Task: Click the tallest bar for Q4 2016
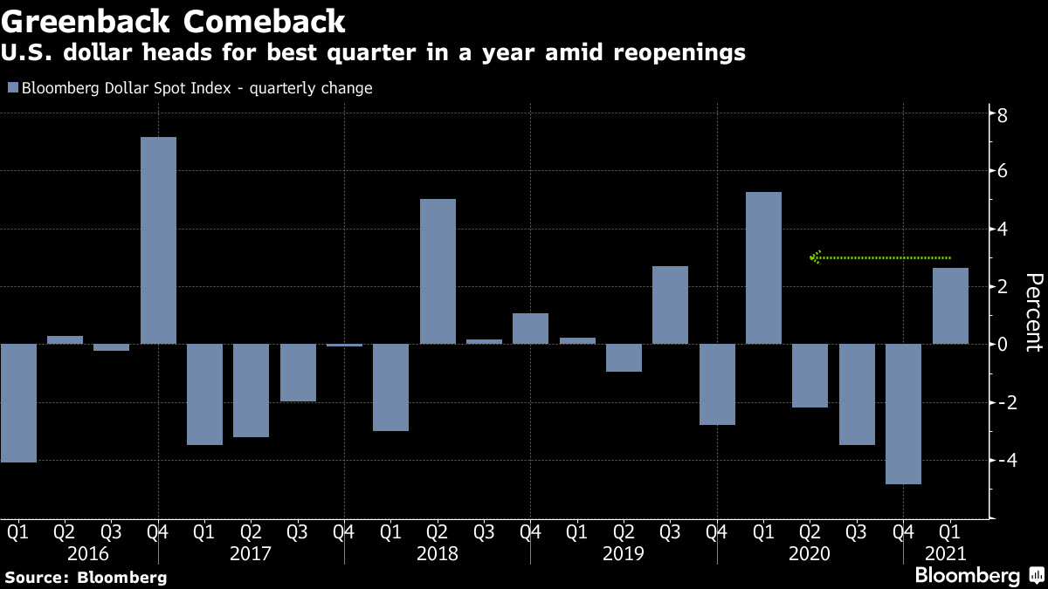click(158, 240)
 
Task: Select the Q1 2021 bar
click(950, 305)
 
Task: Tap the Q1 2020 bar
click(764, 268)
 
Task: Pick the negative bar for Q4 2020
click(903, 414)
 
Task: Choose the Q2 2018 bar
click(438, 271)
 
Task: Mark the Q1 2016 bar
click(17, 402)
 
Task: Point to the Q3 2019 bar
click(671, 305)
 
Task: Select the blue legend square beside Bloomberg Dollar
click(12, 87)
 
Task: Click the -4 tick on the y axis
click(1004, 460)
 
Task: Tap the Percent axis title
click(1033, 312)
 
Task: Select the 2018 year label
click(438, 553)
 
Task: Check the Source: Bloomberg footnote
click(86, 577)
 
